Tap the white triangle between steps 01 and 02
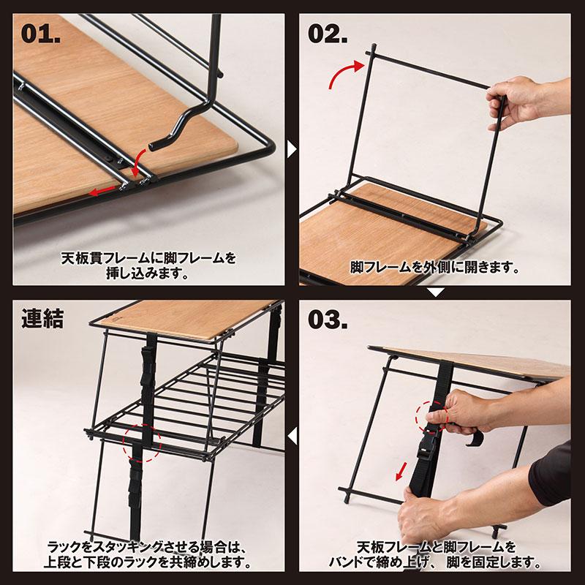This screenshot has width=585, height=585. click(292, 149)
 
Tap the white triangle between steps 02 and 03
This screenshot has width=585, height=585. click(436, 293)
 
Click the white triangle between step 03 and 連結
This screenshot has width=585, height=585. click(292, 437)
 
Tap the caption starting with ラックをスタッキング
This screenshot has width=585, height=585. click(149, 555)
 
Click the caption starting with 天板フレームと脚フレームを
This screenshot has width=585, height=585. click(437, 555)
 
